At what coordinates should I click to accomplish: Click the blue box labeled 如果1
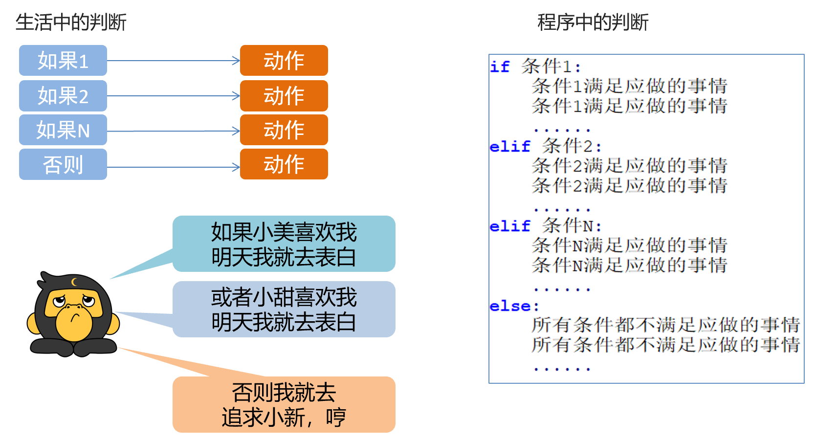pos(63,61)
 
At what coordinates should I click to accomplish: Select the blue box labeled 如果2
pos(63,96)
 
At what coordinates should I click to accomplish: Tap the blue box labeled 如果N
pos(63,130)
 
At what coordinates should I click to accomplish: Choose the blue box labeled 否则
pos(63,164)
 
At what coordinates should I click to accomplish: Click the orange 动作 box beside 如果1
pos(284,61)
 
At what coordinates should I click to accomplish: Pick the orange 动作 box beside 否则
pos(284,164)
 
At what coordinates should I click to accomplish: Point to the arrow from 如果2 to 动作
pos(174,96)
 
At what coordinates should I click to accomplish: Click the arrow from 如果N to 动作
pos(174,131)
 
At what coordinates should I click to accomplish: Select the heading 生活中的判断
pos(71,22)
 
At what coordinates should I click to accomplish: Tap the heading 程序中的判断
pos(593,22)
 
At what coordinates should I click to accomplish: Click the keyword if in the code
pos(500,66)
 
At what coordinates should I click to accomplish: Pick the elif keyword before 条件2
pos(510,146)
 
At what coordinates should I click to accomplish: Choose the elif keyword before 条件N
pos(510,226)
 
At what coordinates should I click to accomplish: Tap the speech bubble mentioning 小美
pos(284,244)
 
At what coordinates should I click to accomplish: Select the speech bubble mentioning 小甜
pos(284,309)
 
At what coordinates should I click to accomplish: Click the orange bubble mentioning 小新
pos(284,405)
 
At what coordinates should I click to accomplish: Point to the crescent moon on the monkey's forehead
pos(74,282)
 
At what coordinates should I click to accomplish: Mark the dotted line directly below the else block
pos(562,369)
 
